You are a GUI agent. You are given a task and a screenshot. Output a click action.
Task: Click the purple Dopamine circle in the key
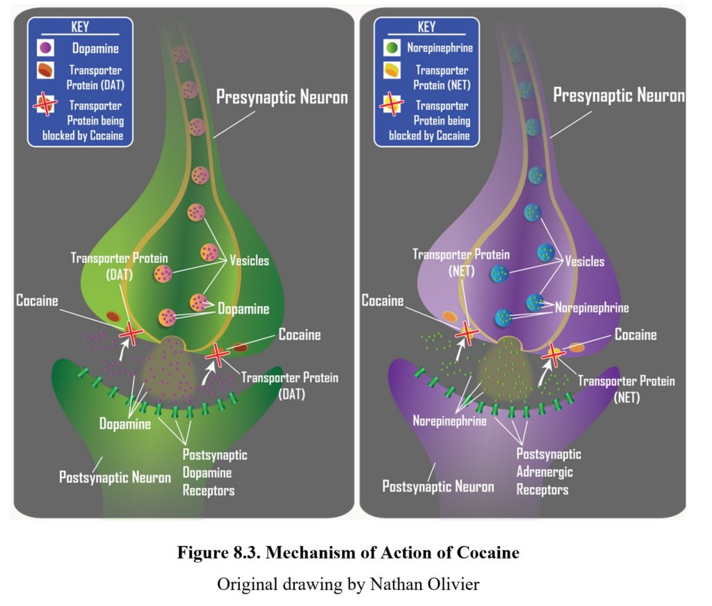(45, 49)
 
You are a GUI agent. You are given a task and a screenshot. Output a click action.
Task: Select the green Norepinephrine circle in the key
(392, 49)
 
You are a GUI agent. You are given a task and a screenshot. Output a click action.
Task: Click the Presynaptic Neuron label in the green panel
(282, 96)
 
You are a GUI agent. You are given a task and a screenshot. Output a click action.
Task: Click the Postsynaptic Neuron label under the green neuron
(115, 478)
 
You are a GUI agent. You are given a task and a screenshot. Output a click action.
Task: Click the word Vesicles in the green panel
(249, 262)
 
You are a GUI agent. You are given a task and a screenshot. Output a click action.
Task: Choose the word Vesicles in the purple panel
(584, 262)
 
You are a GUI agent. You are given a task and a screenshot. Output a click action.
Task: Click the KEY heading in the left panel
(81, 27)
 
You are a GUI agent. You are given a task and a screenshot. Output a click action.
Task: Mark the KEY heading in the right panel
(426, 27)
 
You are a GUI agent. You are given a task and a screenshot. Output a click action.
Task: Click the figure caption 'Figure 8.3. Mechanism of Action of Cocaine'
(348, 553)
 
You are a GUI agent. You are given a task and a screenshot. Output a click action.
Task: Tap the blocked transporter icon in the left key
(46, 104)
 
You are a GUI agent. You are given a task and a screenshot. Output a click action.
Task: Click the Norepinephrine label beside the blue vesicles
(592, 308)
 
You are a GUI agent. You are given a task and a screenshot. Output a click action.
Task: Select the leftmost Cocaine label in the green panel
(36, 301)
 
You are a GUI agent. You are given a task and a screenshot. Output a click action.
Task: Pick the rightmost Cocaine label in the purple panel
(636, 335)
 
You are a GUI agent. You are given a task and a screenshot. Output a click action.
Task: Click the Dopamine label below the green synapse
(124, 423)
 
